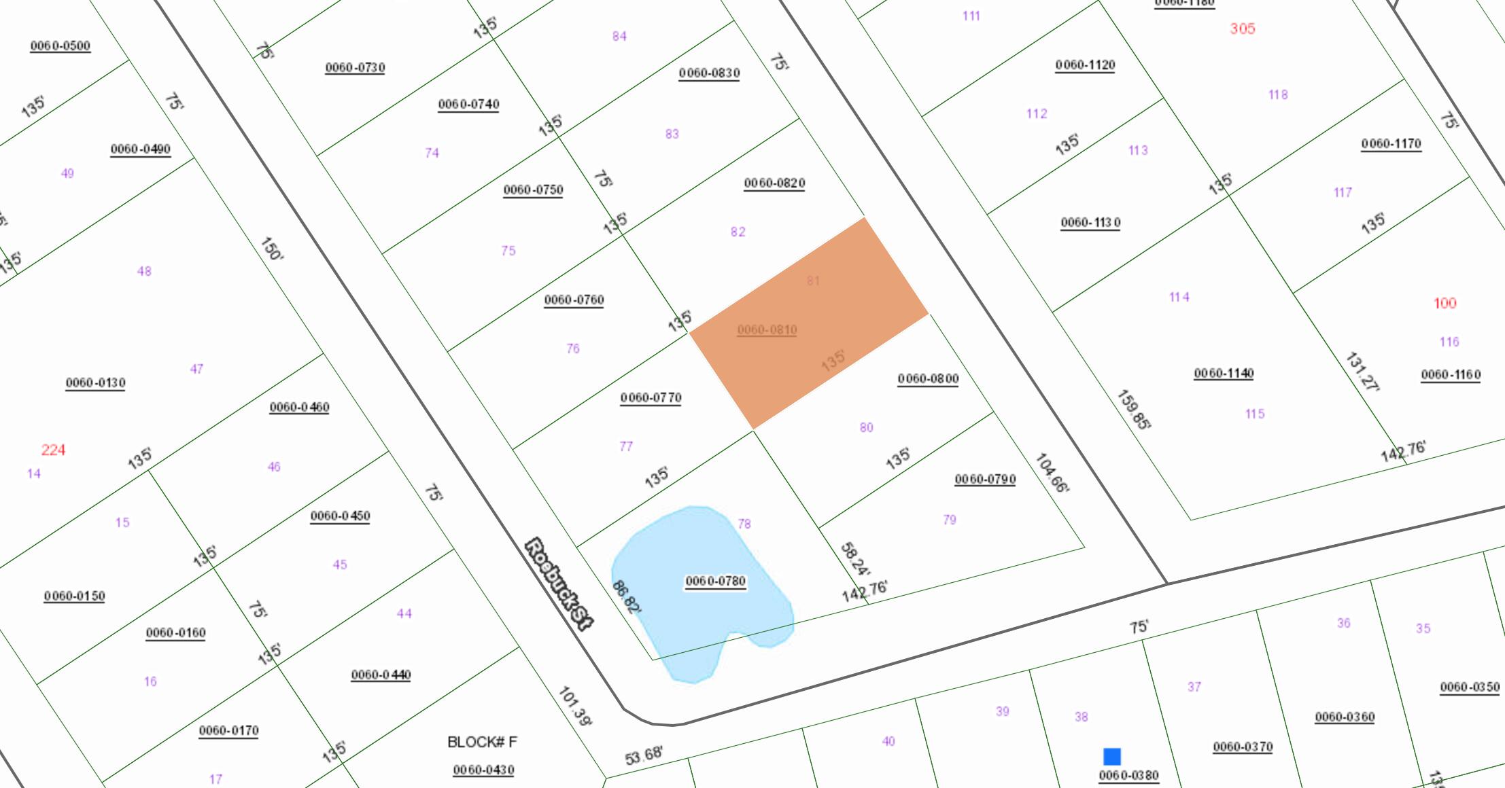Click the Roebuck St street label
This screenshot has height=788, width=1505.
pyautogui.click(x=558, y=584)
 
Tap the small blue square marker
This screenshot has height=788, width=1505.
pyautogui.click(x=1112, y=757)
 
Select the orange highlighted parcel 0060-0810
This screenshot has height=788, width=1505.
pyautogui.click(x=809, y=323)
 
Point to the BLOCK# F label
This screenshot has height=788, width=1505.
pyautogui.click(x=482, y=742)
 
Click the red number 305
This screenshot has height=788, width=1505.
pyautogui.click(x=1242, y=29)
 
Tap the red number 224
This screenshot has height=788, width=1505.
pyautogui.click(x=53, y=450)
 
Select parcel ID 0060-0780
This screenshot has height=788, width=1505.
pyautogui.click(x=715, y=581)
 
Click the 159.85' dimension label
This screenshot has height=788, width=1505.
pyautogui.click(x=1133, y=410)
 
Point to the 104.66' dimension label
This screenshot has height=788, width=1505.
pyautogui.click(x=1052, y=473)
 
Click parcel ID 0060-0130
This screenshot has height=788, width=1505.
pyautogui.click(x=95, y=383)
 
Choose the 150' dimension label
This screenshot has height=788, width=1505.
pyautogui.click(x=271, y=249)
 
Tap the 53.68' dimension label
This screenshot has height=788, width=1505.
pyautogui.click(x=643, y=755)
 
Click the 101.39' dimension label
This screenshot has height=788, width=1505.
pyautogui.click(x=574, y=706)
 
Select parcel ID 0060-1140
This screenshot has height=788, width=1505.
pyautogui.click(x=1224, y=374)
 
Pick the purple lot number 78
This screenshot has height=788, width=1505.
pyautogui.click(x=744, y=524)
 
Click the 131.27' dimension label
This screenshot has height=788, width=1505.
pyautogui.click(x=1362, y=372)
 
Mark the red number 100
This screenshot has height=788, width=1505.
pyautogui.click(x=1445, y=303)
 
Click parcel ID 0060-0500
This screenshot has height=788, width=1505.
pyautogui.click(x=60, y=46)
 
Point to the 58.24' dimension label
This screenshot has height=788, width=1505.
pyautogui.click(x=854, y=559)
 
